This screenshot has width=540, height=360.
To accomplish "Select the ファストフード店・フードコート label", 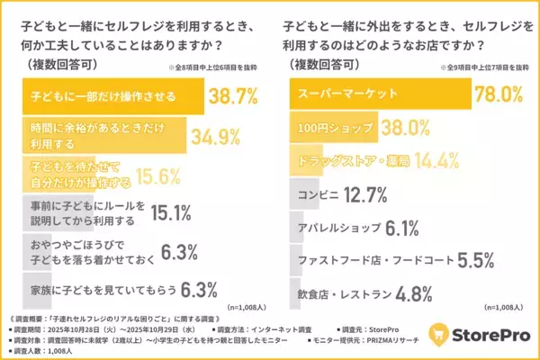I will coord(369,262).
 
